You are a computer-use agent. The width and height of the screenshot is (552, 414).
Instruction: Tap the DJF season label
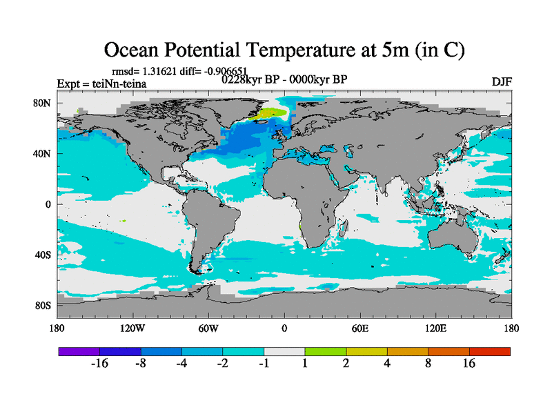pyautogui.click(x=501, y=81)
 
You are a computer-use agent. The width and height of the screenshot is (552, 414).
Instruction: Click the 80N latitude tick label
pyautogui.click(x=43, y=103)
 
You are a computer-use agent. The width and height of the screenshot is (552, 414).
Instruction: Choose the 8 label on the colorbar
pyautogui.click(x=428, y=364)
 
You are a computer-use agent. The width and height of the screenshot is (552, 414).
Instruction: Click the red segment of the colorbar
pyautogui.click(x=489, y=351)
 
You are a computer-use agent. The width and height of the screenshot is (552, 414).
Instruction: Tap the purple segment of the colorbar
pyautogui.click(x=79, y=351)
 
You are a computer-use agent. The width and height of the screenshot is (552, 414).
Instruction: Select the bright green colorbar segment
pyautogui.click(x=325, y=351)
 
